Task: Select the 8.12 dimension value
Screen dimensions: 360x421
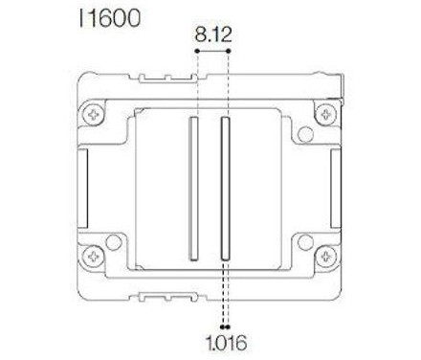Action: click(x=213, y=36)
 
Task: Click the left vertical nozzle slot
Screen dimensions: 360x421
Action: click(x=192, y=189)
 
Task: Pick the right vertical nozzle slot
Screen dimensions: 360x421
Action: click(x=225, y=189)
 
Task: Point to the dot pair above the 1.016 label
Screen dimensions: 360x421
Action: click(x=224, y=323)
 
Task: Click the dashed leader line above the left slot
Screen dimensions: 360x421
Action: click(x=196, y=86)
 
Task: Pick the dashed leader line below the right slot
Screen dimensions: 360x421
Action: click(x=224, y=292)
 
